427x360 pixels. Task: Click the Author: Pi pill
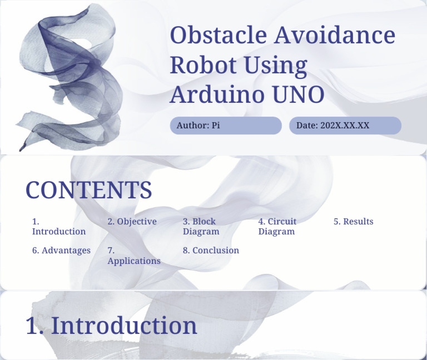pyautogui.click(x=226, y=126)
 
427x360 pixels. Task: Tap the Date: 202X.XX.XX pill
pyautogui.click(x=345, y=126)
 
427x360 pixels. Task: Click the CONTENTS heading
pyautogui.click(x=89, y=190)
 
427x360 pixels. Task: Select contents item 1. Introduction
pyautogui.click(x=58, y=227)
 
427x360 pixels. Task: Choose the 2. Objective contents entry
pyautogui.click(x=132, y=222)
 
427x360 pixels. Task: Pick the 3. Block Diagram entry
pyautogui.click(x=201, y=227)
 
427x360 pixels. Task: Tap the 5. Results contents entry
pyautogui.click(x=354, y=222)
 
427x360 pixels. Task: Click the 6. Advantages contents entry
pyautogui.click(x=61, y=251)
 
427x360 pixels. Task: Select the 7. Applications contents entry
pyautogui.click(x=133, y=256)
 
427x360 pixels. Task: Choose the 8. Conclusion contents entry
pyautogui.click(x=211, y=251)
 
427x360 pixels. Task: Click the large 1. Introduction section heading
pyautogui.click(x=111, y=326)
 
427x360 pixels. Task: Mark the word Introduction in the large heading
pyautogui.click(x=124, y=326)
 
